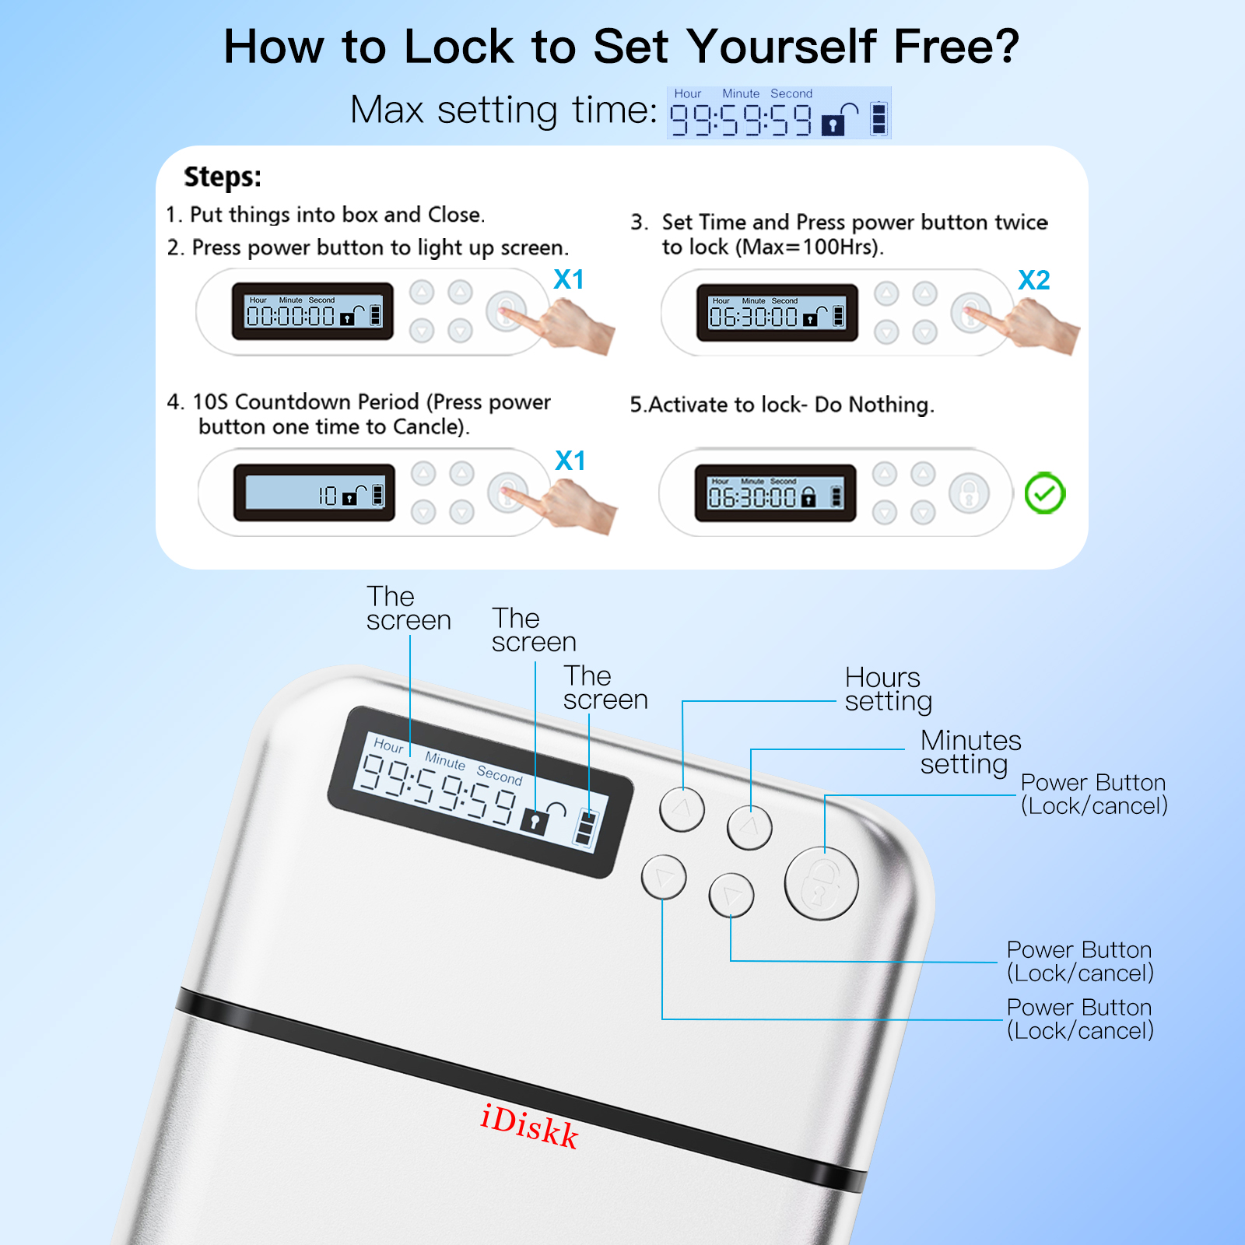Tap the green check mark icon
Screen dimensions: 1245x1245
1044,493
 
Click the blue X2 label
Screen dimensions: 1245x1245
1033,280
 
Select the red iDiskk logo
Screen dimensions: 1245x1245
529,1126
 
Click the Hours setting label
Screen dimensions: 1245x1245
887,689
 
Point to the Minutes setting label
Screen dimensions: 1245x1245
970,752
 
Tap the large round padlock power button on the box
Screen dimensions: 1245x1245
821,884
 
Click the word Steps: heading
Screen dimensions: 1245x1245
223,177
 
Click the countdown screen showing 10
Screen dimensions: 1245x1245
314,493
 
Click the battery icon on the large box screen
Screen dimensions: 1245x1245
585,828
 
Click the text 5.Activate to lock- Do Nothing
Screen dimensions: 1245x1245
781,405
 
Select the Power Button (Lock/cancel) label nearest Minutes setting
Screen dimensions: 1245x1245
1093,794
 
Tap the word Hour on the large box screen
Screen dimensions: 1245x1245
388,745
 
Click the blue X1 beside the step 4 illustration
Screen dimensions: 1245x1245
570,461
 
